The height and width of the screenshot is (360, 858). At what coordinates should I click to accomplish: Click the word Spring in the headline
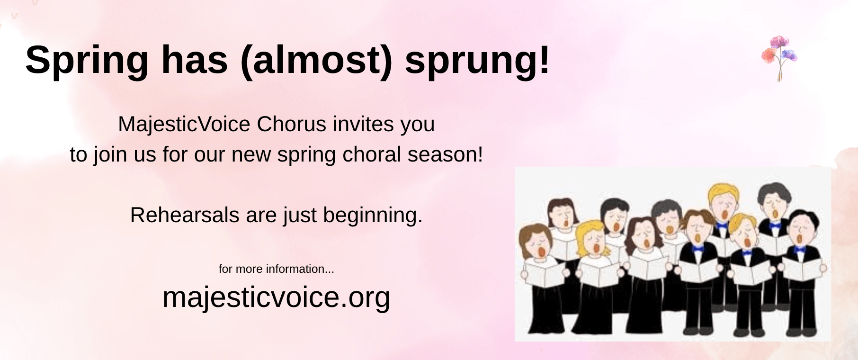point(87,61)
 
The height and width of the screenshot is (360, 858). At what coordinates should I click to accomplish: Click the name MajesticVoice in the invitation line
point(184,125)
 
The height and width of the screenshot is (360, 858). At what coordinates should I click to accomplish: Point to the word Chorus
point(292,125)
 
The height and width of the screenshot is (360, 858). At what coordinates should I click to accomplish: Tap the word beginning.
point(373,216)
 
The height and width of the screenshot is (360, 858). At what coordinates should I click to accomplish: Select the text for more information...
point(276,269)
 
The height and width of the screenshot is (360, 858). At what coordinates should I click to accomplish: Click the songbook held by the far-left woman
point(545,274)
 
